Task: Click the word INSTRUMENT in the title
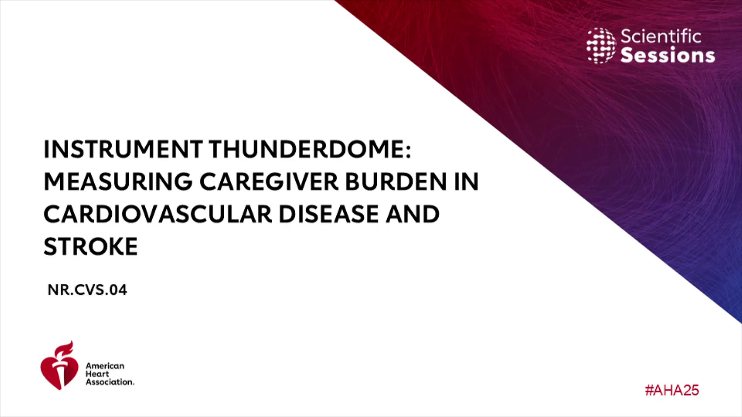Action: (x=123, y=149)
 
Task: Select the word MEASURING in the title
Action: (x=118, y=181)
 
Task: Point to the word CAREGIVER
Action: (x=269, y=181)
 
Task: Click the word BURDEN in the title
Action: (x=396, y=181)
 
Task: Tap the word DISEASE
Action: (x=328, y=214)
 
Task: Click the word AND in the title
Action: (x=412, y=214)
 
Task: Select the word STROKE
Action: (x=90, y=246)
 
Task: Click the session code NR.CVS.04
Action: (x=87, y=290)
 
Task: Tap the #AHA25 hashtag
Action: (x=672, y=390)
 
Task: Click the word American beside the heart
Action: (x=105, y=366)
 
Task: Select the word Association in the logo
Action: (x=110, y=382)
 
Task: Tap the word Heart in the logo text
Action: (x=97, y=374)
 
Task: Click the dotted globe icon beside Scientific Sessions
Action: (x=601, y=46)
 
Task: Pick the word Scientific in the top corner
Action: (x=661, y=36)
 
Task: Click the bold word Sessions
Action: (x=668, y=55)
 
